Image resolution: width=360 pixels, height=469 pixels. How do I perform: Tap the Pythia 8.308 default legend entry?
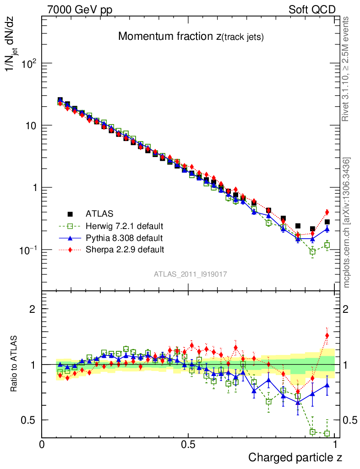[x=124, y=238]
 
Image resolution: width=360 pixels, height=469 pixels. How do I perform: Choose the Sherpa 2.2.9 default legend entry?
[x=125, y=250]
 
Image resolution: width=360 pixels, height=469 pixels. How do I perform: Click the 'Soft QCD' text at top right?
[x=312, y=9]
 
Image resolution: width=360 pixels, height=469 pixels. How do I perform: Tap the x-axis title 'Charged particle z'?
[x=295, y=457]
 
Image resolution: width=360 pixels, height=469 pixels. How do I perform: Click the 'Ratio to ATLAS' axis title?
[x=15, y=364]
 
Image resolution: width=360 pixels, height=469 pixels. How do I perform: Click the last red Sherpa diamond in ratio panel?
[x=327, y=335]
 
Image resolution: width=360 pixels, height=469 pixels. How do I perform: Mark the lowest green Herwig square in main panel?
[x=312, y=251]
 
